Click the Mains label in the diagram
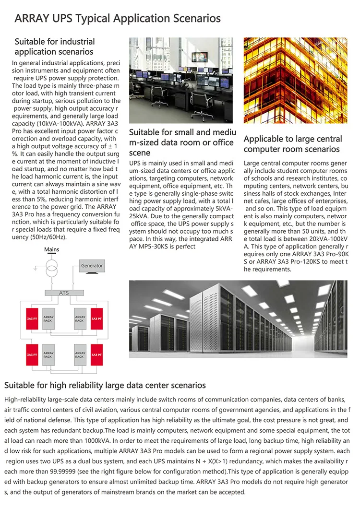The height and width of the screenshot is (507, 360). coord(51,250)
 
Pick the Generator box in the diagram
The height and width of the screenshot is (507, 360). coord(92,266)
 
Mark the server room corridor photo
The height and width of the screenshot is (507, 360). coord(238,318)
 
